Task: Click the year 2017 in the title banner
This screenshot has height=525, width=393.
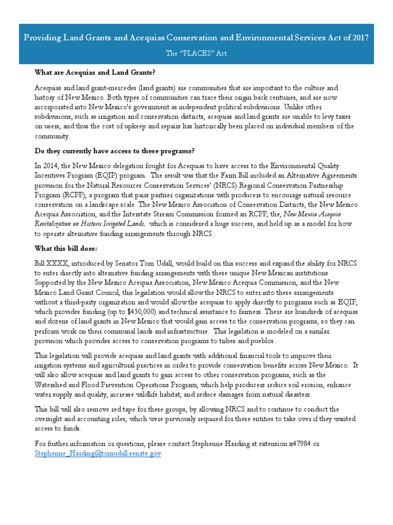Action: click(x=358, y=37)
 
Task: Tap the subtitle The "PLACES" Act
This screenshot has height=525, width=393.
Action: click(x=196, y=53)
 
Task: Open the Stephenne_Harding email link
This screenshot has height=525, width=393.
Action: click(x=97, y=453)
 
